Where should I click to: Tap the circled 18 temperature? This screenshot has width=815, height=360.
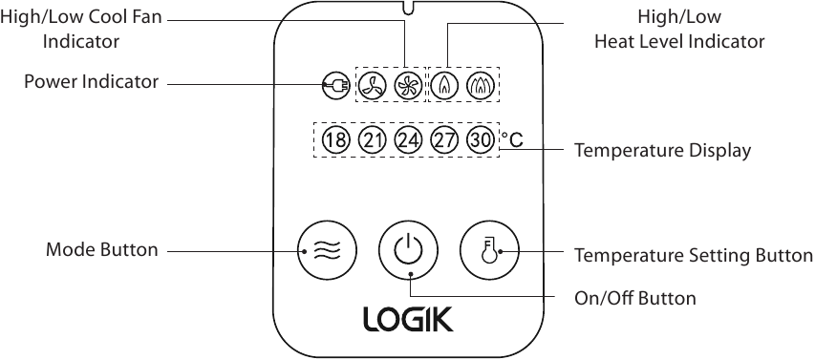pyautogui.click(x=335, y=140)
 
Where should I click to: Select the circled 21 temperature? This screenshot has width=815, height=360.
pyautogui.click(x=372, y=140)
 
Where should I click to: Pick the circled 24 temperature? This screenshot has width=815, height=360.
pyautogui.click(x=408, y=140)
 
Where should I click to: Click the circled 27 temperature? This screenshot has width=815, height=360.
pyautogui.click(x=445, y=140)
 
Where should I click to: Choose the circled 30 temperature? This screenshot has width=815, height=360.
pyautogui.click(x=482, y=140)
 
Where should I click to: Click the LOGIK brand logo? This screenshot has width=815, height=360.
pyautogui.click(x=408, y=319)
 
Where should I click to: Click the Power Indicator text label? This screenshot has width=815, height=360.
pyautogui.click(x=92, y=82)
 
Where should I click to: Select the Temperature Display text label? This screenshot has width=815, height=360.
pyautogui.click(x=662, y=151)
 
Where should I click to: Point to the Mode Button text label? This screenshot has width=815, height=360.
pyautogui.click(x=102, y=250)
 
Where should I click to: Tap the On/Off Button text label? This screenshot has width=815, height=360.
pyautogui.click(x=634, y=298)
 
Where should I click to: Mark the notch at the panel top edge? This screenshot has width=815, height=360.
pyautogui.click(x=408, y=11)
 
